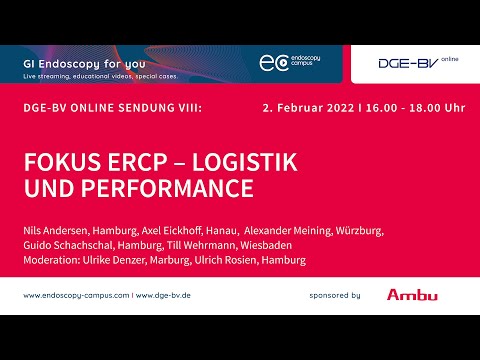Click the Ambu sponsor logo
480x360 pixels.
[411, 295]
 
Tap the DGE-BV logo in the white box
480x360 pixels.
[409, 63]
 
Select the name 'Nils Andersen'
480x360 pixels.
[56, 229]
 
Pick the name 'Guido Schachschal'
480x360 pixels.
[65, 245]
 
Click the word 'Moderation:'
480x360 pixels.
[53, 261]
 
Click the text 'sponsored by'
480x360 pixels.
[335, 296]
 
